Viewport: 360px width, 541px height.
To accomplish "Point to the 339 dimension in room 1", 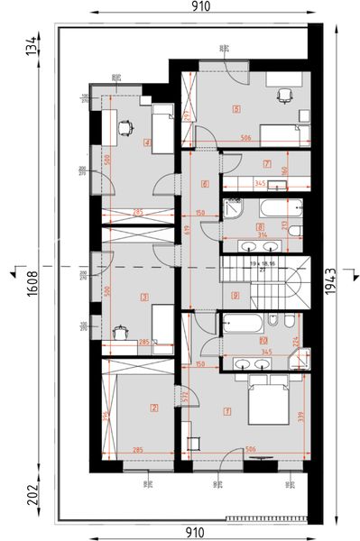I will (x=300, y=415).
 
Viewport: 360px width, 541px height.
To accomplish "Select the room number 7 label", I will (x=266, y=164).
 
